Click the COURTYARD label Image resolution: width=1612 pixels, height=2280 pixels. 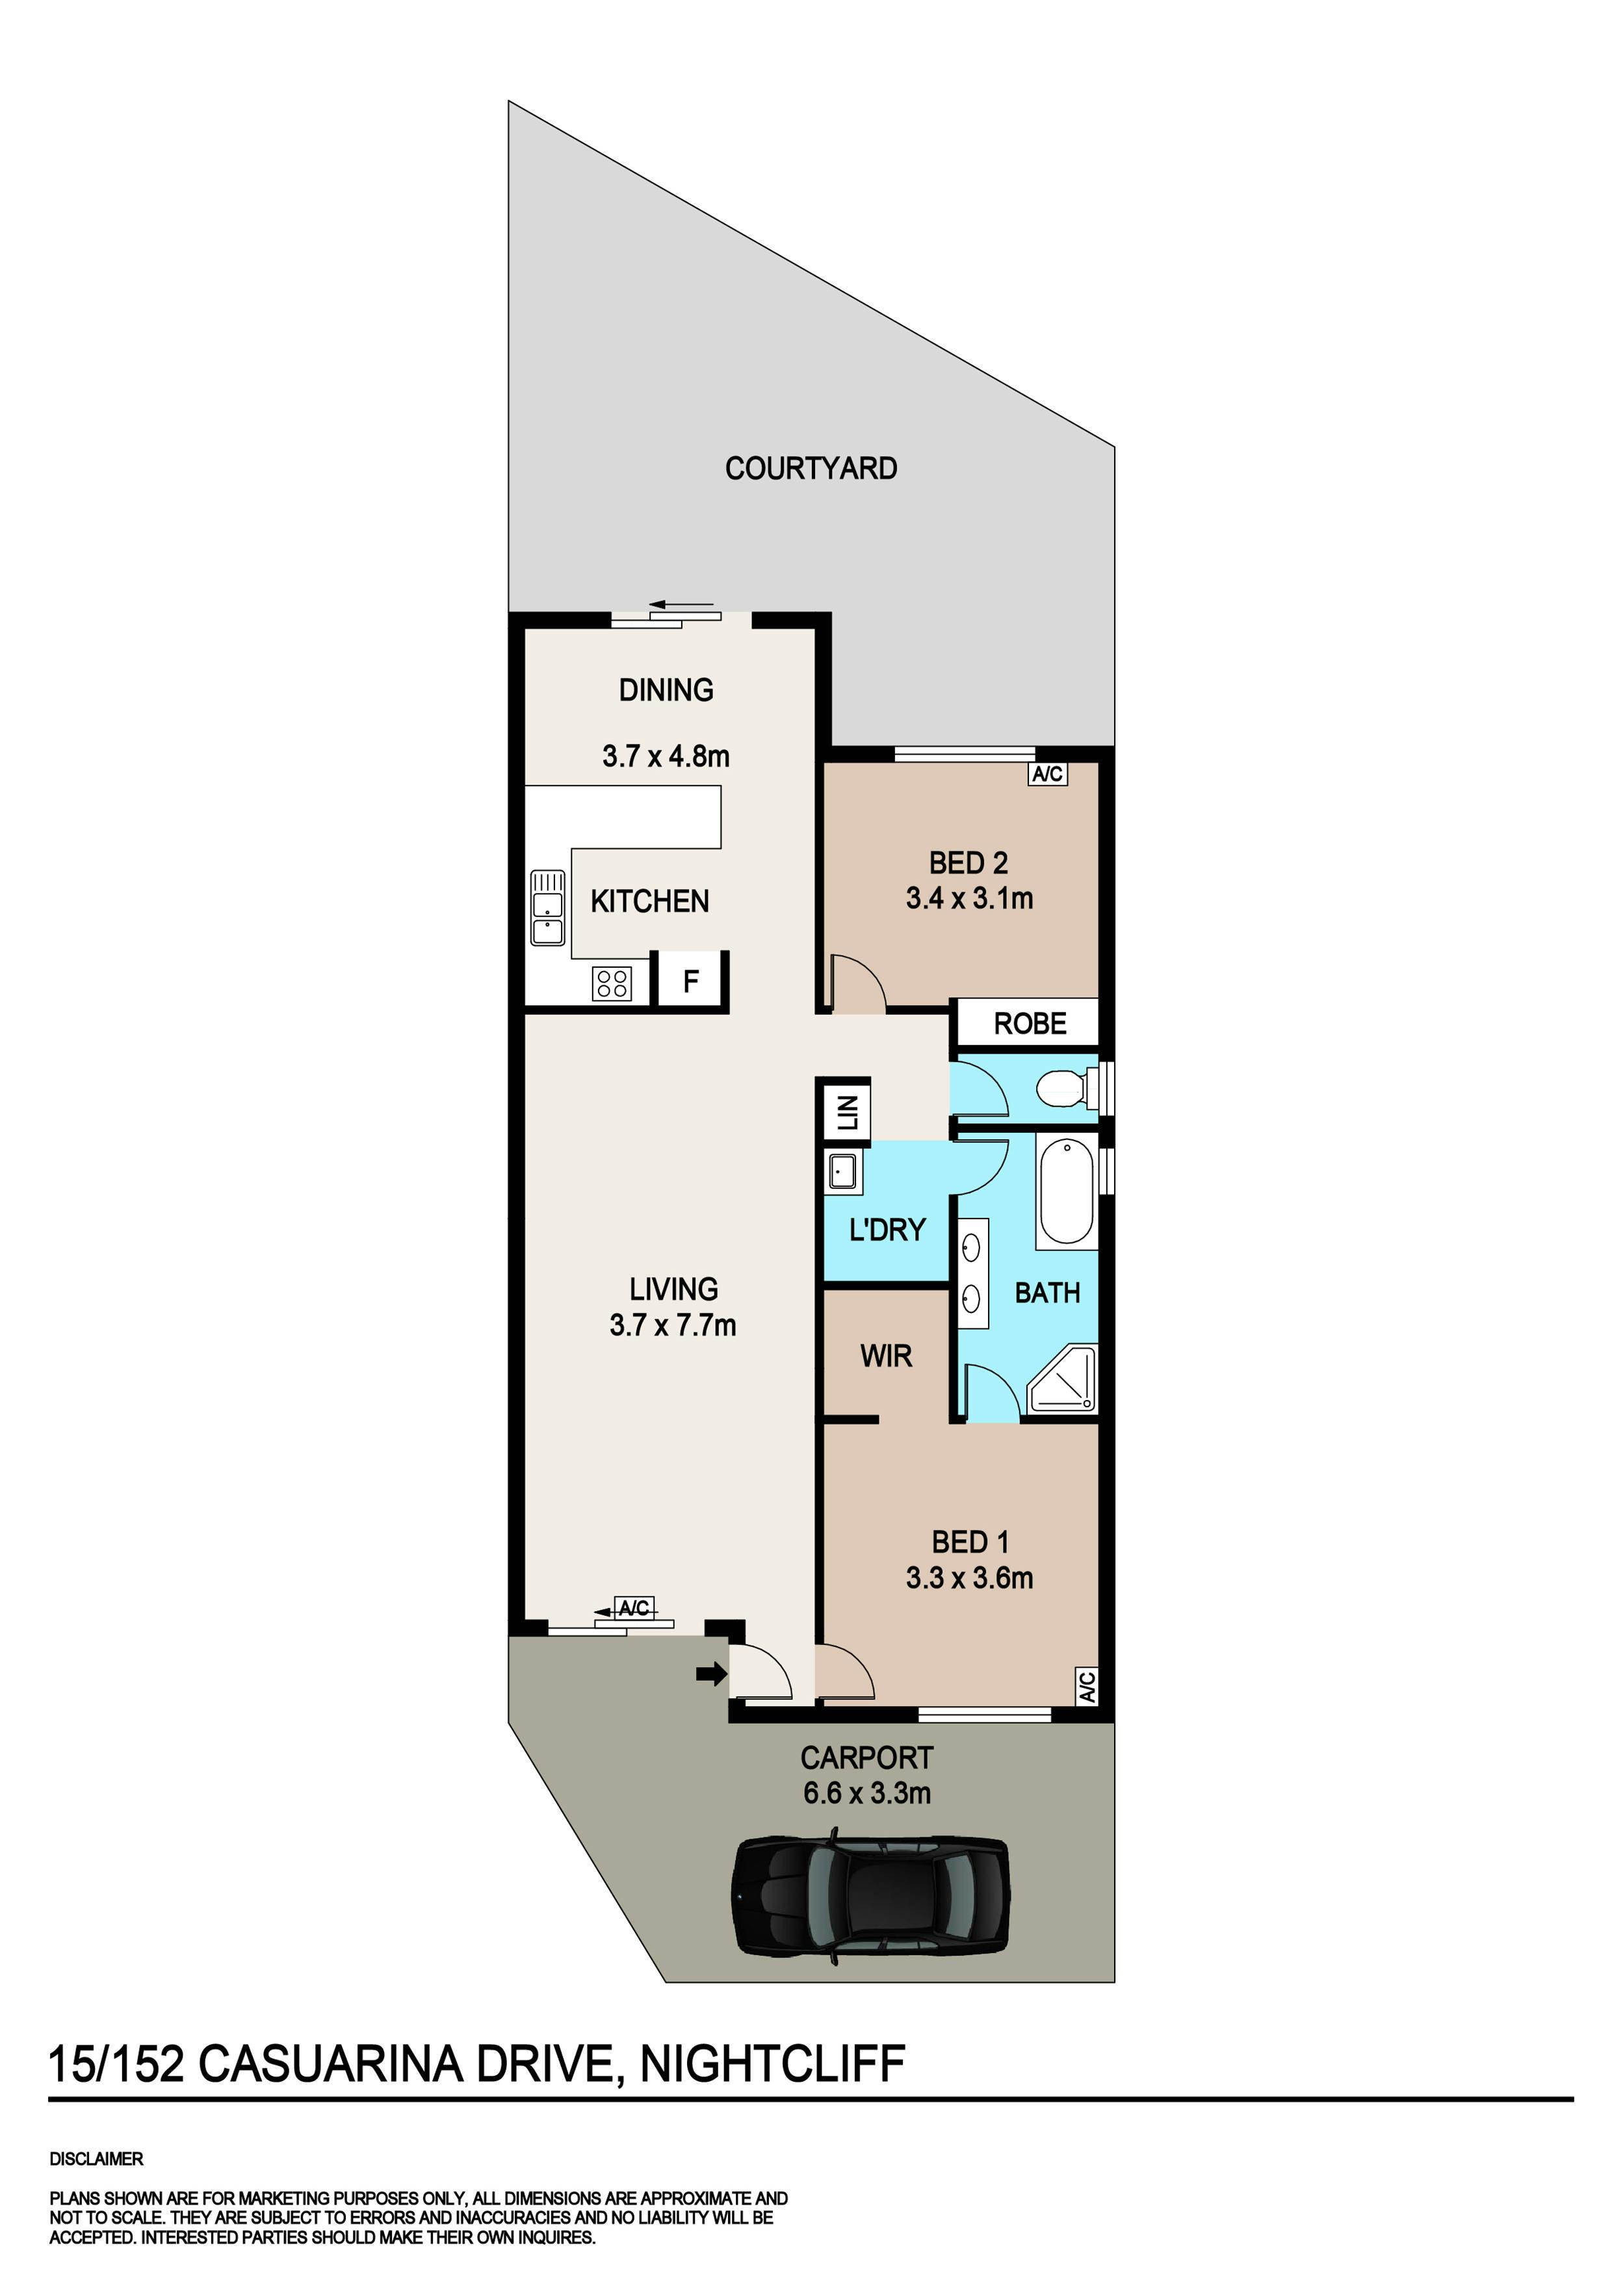[x=811, y=468]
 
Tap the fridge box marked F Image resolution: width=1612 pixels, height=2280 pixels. [x=692, y=981]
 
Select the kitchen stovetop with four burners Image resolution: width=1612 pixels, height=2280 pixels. [x=612, y=983]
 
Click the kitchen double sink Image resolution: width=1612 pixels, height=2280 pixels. [x=547, y=907]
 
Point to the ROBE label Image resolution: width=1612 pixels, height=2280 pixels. [x=1030, y=1024]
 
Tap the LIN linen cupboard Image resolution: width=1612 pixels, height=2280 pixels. [x=846, y=1112]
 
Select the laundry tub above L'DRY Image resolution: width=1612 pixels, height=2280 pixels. [x=843, y=1172]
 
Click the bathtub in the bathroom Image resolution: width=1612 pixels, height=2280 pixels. [x=1067, y=1191]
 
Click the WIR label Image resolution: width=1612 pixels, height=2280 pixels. [x=886, y=1356]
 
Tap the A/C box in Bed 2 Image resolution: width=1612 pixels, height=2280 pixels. [x=1047, y=773]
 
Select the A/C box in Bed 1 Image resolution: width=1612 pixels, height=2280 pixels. [x=1087, y=1685]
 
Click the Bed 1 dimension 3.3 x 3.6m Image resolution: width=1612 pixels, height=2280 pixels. [x=969, y=1578]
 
